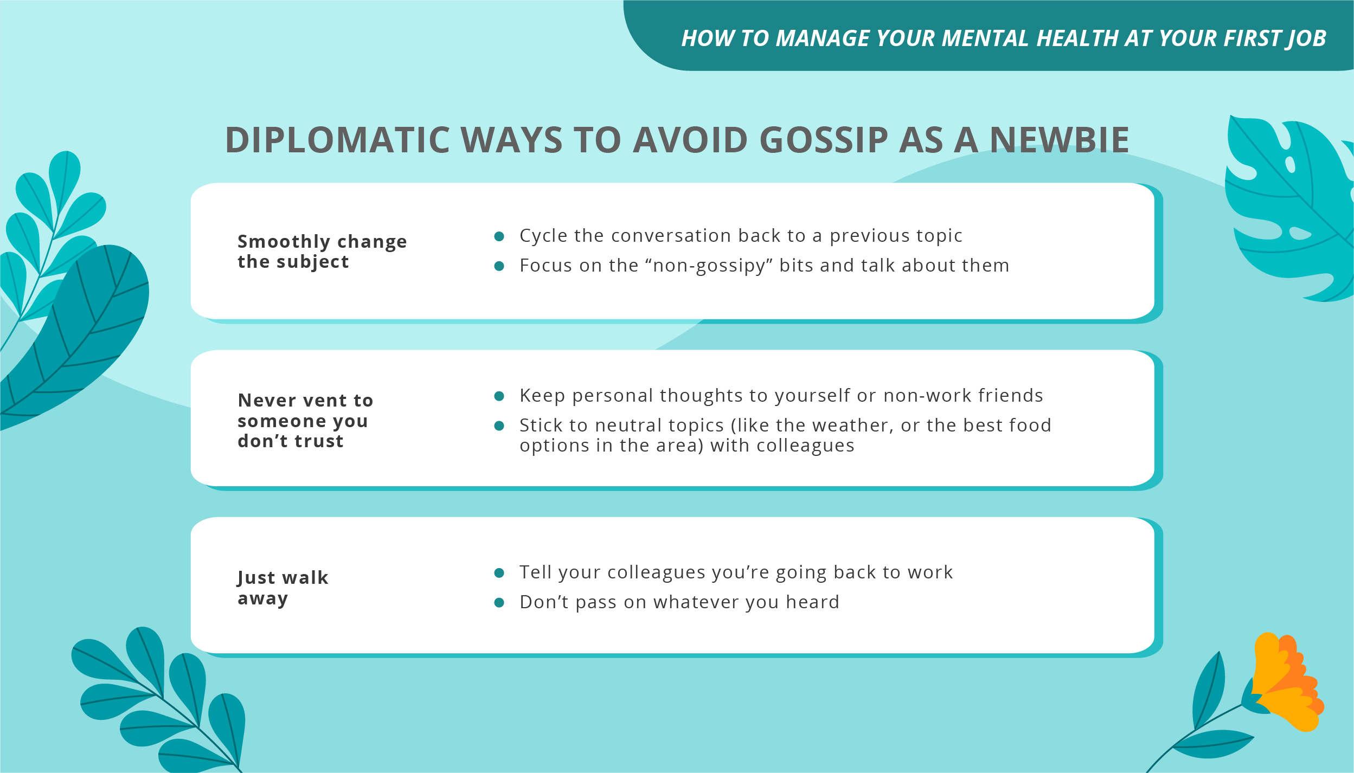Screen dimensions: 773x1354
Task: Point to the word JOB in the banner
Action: pos(1306,38)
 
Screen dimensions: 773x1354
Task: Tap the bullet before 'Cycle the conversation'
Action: pos(499,236)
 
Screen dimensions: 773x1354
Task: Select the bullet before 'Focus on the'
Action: pos(499,266)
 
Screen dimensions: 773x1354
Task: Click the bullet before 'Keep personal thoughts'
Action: pos(499,396)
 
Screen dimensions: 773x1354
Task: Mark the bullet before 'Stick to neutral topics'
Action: pos(499,426)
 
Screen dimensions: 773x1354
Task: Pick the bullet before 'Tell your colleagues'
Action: pos(499,573)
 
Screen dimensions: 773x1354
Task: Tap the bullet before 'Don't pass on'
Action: pos(499,603)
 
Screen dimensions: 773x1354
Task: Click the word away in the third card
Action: pos(262,598)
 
